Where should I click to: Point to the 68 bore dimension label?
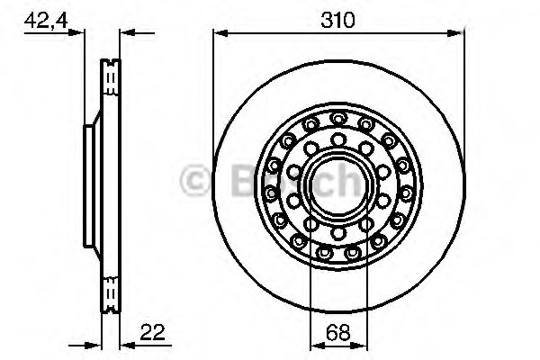click(x=337, y=331)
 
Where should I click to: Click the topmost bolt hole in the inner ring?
click(x=337, y=138)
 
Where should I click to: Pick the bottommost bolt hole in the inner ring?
click(x=337, y=232)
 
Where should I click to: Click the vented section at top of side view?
click(x=111, y=81)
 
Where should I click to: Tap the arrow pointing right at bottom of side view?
click(x=94, y=344)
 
